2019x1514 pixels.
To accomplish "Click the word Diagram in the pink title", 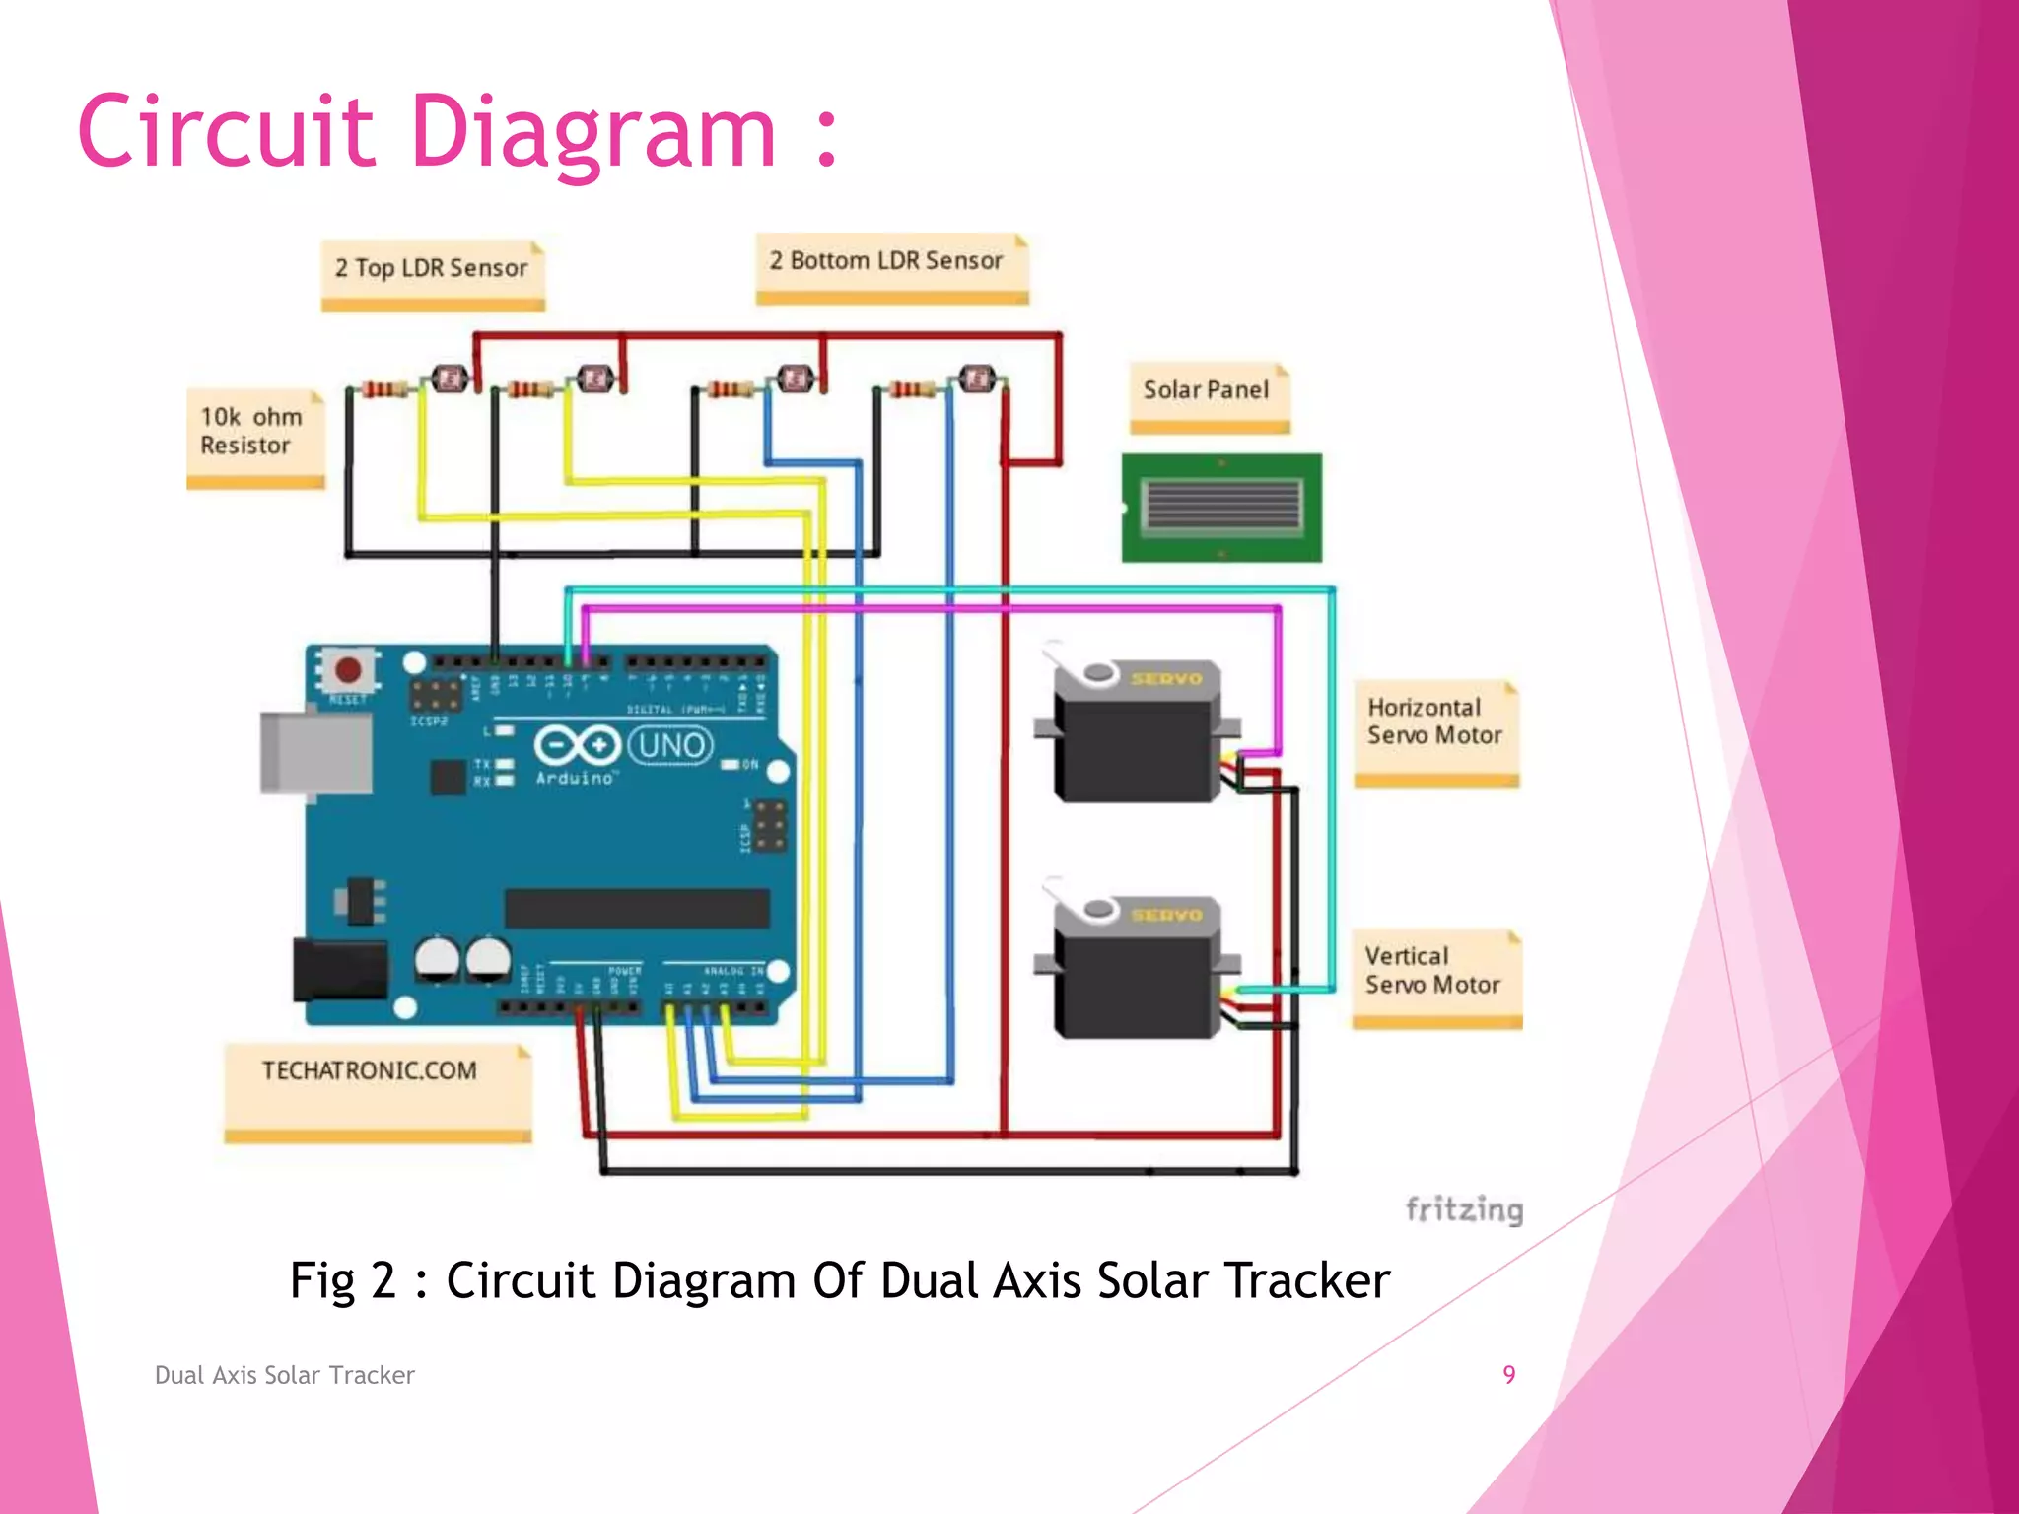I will pyautogui.click(x=592, y=133).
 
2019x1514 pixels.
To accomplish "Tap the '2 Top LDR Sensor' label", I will pyautogui.click(x=432, y=269).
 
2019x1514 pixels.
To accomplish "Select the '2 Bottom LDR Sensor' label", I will pyautogui.click(x=886, y=261).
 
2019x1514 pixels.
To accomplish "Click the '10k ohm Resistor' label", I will pyautogui.click(x=252, y=432).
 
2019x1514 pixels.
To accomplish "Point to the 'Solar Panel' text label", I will pyautogui.click(x=1206, y=390).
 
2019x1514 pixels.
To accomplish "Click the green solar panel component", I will pyautogui.click(x=1221, y=508).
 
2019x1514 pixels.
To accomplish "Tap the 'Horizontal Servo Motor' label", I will pyautogui.click(x=1434, y=723).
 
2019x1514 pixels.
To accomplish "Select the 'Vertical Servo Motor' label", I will pyautogui.click(x=1432, y=971).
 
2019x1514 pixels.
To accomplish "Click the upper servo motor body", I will pyautogui.click(x=1134, y=744).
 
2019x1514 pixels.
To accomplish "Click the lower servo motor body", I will pyautogui.click(x=1134, y=981).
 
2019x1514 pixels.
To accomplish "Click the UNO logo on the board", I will pyautogui.click(x=670, y=746).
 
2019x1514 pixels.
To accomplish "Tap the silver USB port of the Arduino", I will pyautogui.click(x=315, y=752).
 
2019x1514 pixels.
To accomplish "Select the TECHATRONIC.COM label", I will pyautogui.click(x=370, y=1071).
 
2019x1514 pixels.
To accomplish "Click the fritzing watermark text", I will pyautogui.click(x=1464, y=1209).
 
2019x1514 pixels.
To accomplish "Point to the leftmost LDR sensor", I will pyautogui.click(x=451, y=378).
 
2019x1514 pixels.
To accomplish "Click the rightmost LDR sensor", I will pyautogui.click(x=977, y=378).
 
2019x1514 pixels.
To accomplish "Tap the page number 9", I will pyautogui.click(x=1508, y=1375).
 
